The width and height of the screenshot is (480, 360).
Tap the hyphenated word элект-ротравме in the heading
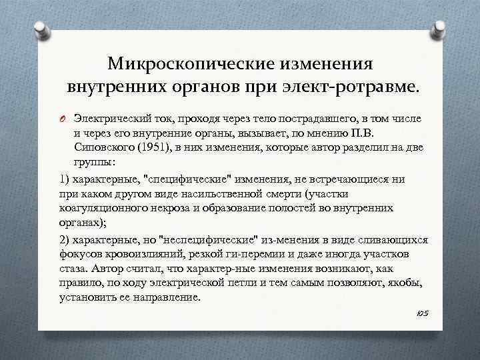(x=360, y=87)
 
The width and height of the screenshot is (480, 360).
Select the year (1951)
(x=154, y=148)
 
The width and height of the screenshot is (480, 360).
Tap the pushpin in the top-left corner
(x=42, y=28)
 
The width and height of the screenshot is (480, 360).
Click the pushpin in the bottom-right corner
(x=439, y=333)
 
